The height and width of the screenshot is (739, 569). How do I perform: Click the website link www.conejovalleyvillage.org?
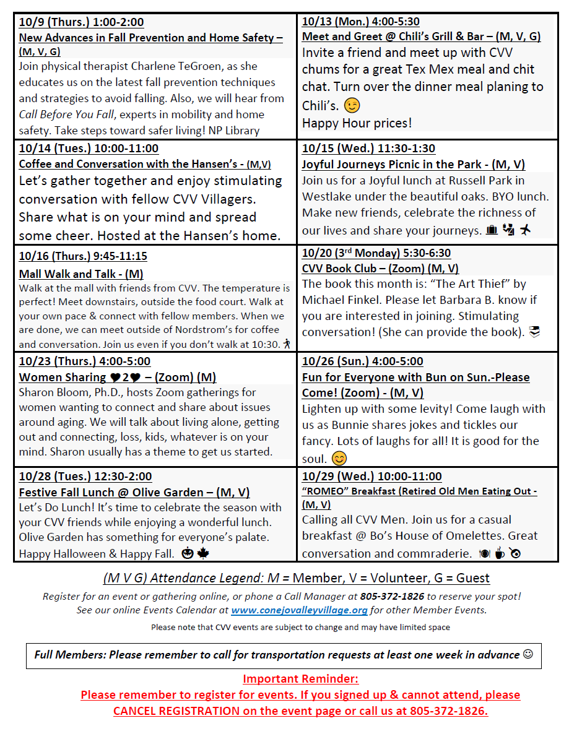(x=299, y=610)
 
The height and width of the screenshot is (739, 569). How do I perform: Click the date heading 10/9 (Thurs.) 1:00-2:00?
(x=81, y=22)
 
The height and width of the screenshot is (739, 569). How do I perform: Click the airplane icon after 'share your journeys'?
(x=526, y=230)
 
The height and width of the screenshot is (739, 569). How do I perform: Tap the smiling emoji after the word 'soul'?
(x=339, y=459)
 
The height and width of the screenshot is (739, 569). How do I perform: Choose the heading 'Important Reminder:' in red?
(x=300, y=678)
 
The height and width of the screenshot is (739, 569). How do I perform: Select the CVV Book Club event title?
(x=380, y=269)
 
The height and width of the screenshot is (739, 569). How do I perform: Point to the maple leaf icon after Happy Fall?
(x=202, y=553)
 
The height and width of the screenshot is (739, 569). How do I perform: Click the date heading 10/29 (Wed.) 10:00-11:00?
(x=371, y=477)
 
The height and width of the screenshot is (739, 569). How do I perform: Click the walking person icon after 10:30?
(x=286, y=344)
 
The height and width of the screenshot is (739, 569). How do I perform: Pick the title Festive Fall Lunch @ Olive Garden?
(x=134, y=493)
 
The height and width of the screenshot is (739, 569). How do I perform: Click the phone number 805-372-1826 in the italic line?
(x=408, y=597)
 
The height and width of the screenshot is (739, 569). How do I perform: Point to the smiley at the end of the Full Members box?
(x=528, y=654)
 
